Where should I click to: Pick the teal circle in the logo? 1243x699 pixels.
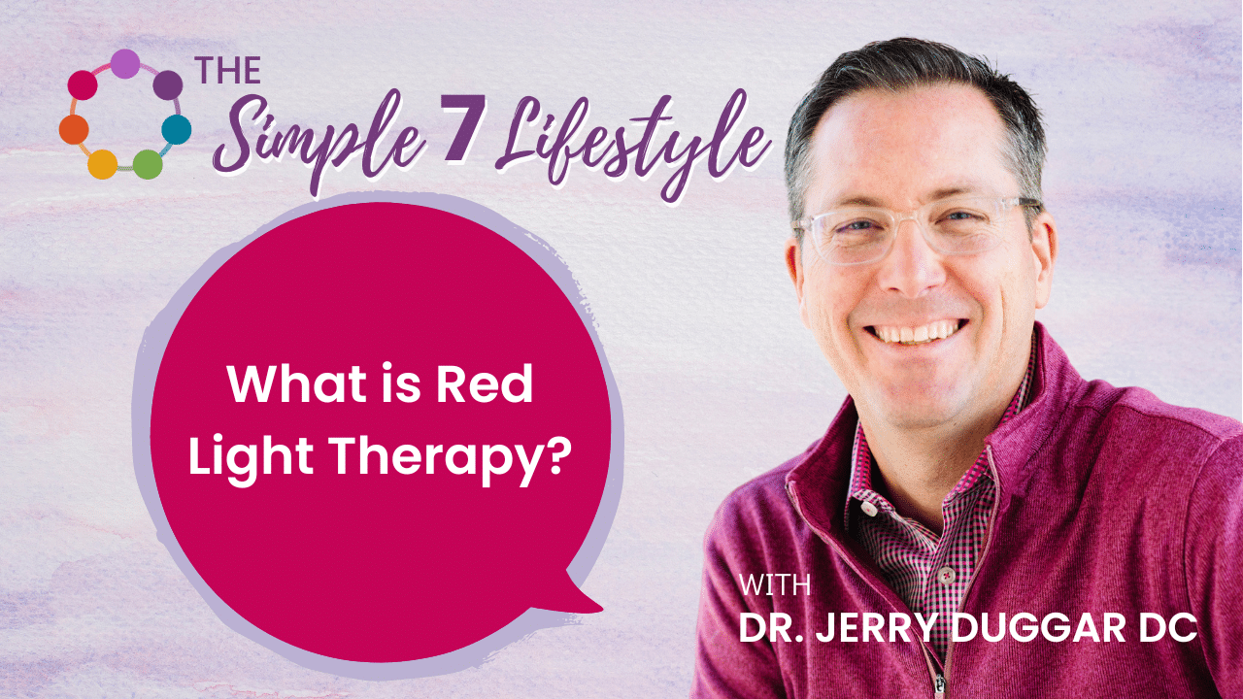click(176, 129)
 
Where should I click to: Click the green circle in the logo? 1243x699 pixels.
click(147, 164)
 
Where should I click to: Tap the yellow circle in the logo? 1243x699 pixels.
click(102, 164)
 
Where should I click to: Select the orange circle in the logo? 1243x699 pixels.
click(74, 128)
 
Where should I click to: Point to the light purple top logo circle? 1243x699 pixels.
click(124, 63)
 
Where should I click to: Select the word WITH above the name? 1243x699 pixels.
click(775, 585)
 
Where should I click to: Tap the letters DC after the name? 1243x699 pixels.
click(1166, 628)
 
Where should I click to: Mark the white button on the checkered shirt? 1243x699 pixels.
click(867, 509)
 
